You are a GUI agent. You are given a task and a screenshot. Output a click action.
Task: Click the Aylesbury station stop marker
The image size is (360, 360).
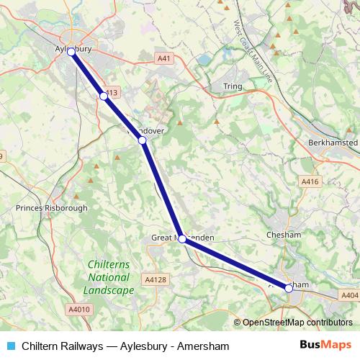coord(71,52)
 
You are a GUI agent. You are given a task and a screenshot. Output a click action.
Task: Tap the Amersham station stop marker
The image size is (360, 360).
coord(289,288)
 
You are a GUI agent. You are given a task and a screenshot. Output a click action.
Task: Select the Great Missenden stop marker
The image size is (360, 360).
coord(182,239)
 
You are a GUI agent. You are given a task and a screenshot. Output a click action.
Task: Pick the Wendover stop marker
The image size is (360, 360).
coord(143,140)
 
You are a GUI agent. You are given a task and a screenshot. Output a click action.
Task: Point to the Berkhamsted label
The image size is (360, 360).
coord(332,143)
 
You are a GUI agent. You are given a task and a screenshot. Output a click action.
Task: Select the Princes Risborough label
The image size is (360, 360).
coord(51,208)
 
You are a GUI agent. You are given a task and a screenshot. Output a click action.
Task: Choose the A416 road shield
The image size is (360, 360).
coord(310,182)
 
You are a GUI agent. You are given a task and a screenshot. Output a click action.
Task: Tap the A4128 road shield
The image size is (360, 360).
coord(155,279)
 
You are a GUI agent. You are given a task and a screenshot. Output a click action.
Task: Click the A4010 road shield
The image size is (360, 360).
coord(81,309)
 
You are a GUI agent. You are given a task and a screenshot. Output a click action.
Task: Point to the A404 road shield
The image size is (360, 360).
coord(349,295)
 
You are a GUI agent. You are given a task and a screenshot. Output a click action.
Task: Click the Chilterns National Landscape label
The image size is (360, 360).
coord(108,277)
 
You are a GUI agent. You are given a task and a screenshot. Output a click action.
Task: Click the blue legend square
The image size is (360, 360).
coord(11,346)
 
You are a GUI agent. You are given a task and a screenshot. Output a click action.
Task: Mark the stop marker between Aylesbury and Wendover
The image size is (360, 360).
coord(104,96)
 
